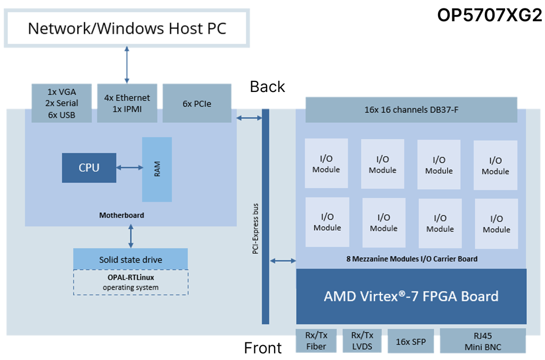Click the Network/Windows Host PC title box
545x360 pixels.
127,28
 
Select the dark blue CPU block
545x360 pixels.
89,167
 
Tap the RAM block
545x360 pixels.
157,169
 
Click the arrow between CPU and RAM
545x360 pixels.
129,168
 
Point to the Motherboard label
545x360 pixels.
121,215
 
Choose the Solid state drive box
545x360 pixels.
130,259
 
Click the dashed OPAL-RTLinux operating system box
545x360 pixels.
130,282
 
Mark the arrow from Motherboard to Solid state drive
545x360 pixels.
131,236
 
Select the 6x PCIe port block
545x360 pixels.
197,104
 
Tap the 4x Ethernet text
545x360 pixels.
127,98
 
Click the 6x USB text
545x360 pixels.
62,115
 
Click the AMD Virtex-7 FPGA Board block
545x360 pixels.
411,296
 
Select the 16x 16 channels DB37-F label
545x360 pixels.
411,110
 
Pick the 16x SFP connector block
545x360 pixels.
411,341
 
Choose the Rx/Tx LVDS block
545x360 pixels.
362,341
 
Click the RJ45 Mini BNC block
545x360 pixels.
483,341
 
